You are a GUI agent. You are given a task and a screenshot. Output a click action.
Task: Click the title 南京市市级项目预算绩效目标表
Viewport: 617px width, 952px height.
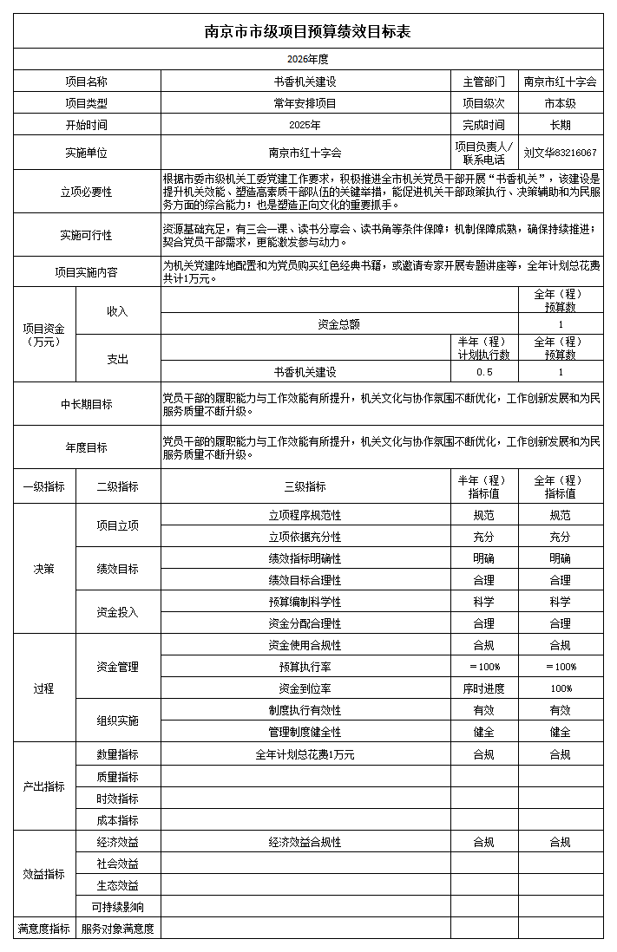(308, 32)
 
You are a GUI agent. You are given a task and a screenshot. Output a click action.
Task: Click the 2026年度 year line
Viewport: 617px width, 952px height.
(308, 60)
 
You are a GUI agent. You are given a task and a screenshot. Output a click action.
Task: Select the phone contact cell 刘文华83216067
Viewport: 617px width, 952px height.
(560, 153)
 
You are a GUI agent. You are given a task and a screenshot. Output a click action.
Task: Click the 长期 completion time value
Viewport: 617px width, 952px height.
(560, 125)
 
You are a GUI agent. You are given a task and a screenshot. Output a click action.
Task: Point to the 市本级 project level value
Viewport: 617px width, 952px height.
(560, 103)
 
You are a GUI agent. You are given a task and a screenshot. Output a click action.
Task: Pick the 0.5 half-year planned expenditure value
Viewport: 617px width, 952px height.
(483, 372)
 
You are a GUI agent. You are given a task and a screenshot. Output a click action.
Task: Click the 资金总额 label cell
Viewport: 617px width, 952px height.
(338, 324)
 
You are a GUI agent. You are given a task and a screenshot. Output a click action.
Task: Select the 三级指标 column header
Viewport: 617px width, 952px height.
(305, 486)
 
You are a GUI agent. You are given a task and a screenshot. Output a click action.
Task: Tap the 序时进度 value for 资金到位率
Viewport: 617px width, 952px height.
(483, 688)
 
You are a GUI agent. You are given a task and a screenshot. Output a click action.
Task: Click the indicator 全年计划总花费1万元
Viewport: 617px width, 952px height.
(305, 754)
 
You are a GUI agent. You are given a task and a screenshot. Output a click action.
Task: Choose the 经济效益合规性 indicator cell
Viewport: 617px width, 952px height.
(305, 842)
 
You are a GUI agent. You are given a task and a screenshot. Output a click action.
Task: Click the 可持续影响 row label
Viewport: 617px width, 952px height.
(118, 907)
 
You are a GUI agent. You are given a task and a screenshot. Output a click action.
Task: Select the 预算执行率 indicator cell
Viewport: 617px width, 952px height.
(305, 667)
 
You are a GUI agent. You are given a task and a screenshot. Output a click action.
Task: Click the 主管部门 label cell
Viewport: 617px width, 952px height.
(483, 82)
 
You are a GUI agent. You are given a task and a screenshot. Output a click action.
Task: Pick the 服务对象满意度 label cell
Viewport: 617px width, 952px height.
(118, 929)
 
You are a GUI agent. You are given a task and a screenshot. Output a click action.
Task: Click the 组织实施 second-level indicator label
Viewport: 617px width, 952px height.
(118, 721)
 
